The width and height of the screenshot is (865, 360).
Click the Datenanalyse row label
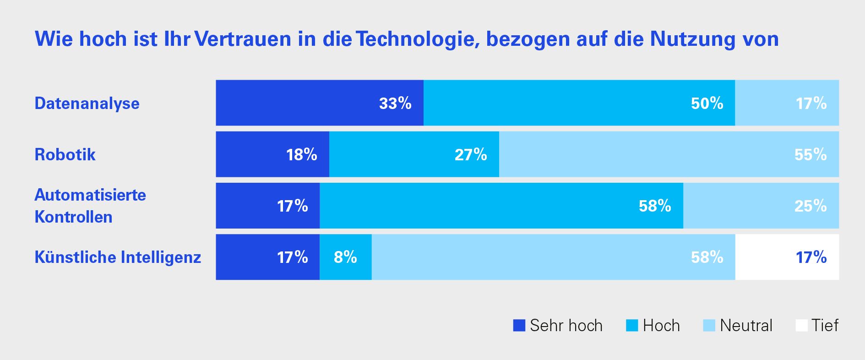(x=87, y=104)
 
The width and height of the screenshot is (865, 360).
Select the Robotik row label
(x=65, y=155)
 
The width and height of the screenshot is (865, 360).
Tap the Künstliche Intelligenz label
(x=118, y=257)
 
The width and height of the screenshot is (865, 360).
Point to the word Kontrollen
(x=73, y=217)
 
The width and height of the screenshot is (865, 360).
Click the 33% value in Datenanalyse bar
(x=395, y=104)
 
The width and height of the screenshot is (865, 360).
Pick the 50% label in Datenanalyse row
(x=707, y=104)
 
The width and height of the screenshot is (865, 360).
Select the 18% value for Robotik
(x=302, y=155)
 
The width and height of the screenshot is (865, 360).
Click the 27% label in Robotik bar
(x=471, y=155)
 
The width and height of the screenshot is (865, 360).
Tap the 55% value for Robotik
(x=811, y=155)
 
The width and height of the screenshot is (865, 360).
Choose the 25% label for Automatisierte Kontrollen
(x=811, y=206)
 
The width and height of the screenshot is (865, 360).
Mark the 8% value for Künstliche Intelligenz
(x=345, y=257)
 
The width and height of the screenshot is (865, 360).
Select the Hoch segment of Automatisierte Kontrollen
(x=501, y=206)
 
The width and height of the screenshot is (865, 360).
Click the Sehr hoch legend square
(x=519, y=326)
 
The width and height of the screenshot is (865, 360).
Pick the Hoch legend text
(x=661, y=326)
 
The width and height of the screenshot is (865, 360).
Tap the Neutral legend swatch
(x=709, y=326)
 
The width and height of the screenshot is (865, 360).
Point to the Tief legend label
(x=825, y=326)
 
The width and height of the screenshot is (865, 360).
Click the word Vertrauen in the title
(x=243, y=39)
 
